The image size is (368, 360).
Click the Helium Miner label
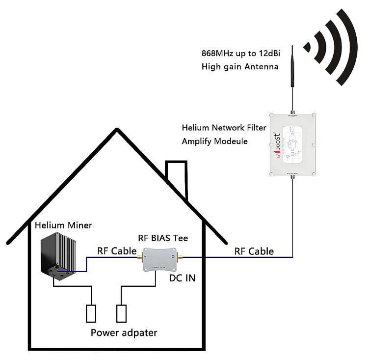(63, 225)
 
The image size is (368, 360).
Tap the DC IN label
(182, 278)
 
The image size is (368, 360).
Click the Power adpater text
(124, 332)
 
